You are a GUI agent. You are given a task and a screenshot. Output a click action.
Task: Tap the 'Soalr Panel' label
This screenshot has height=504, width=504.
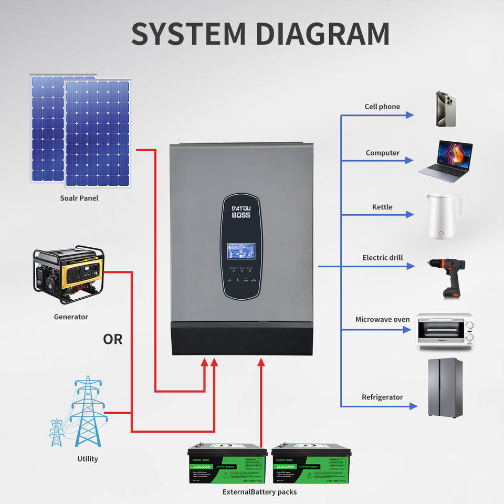tap(79, 198)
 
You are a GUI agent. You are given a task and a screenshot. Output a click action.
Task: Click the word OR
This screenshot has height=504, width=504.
tap(113, 340)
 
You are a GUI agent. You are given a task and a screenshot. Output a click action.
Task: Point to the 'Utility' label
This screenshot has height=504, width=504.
tap(88, 459)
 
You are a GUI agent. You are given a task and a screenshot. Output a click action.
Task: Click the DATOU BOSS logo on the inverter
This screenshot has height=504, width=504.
tap(241, 212)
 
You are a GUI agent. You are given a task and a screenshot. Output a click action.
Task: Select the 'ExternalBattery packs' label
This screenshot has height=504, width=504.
tap(259, 492)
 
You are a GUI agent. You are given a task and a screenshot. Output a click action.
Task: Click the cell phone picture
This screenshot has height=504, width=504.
tap(444, 109)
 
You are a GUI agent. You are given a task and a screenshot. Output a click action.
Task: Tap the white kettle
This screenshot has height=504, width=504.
tap(443, 216)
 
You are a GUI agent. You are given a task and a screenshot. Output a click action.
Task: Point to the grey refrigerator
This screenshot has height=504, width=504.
tap(444, 387)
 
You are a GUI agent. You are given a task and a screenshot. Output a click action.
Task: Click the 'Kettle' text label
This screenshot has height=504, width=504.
tap(382, 207)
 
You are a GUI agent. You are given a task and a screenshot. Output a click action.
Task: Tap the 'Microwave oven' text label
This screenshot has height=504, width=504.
tap(383, 319)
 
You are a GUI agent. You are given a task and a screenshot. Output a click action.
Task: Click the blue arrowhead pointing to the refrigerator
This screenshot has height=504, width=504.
tap(413, 406)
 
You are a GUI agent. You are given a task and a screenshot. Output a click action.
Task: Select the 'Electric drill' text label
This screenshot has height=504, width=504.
tap(383, 258)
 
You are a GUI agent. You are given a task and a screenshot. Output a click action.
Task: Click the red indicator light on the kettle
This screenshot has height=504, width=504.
tap(442, 233)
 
